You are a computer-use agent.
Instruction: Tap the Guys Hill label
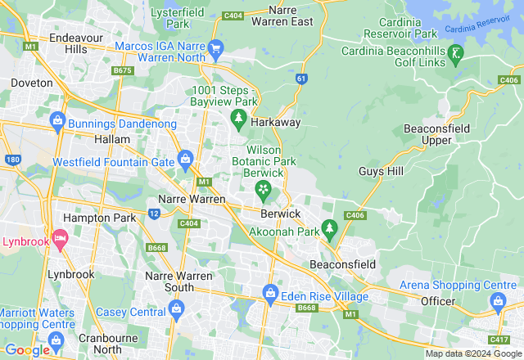click(382, 171)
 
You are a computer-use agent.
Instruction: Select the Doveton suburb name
click(32, 83)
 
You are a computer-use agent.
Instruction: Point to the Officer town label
click(437, 302)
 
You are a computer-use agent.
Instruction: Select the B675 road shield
click(123, 71)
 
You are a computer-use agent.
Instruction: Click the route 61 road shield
click(302, 79)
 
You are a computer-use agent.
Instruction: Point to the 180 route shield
click(11, 159)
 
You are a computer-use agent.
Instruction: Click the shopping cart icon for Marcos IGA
click(216, 48)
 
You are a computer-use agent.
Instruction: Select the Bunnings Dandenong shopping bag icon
click(57, 122)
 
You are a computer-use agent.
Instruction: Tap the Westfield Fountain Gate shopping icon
click(185, 157)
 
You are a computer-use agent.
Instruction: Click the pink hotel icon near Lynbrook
click(59, 238)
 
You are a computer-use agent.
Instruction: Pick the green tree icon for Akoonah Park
click(329, 227)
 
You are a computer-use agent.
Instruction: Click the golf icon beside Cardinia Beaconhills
click(457, 52)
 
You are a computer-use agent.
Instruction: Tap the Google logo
click(26, 349)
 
